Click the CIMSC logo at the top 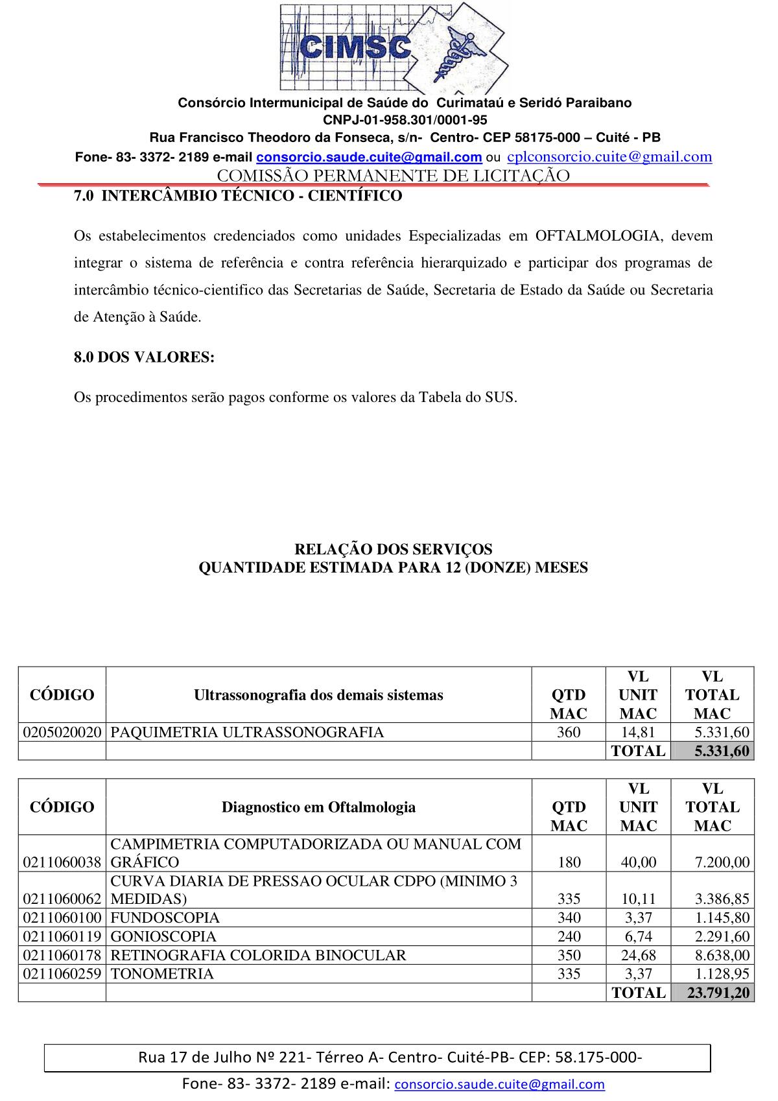click(394, 49)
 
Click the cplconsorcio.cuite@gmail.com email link click(609, 156)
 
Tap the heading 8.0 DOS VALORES click(144, 357)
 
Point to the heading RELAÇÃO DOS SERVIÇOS click(393, 549)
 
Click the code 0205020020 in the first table click(62, 733)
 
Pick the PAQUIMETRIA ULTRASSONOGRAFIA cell click(247, 733)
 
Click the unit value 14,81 click(638, 733)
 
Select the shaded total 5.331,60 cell click(713, 752)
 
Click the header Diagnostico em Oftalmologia click(318, 807)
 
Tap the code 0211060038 click(62, 862)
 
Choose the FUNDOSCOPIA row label click(165, 918)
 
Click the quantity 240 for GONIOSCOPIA click(569, 937)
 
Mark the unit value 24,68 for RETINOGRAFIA click(638, 956)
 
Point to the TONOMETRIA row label click(161, 974)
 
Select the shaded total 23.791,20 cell click(713, 993)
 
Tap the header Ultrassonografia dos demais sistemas click(318, 695)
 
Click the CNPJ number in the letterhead click(405, 120)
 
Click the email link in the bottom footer click(499, 1084)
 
